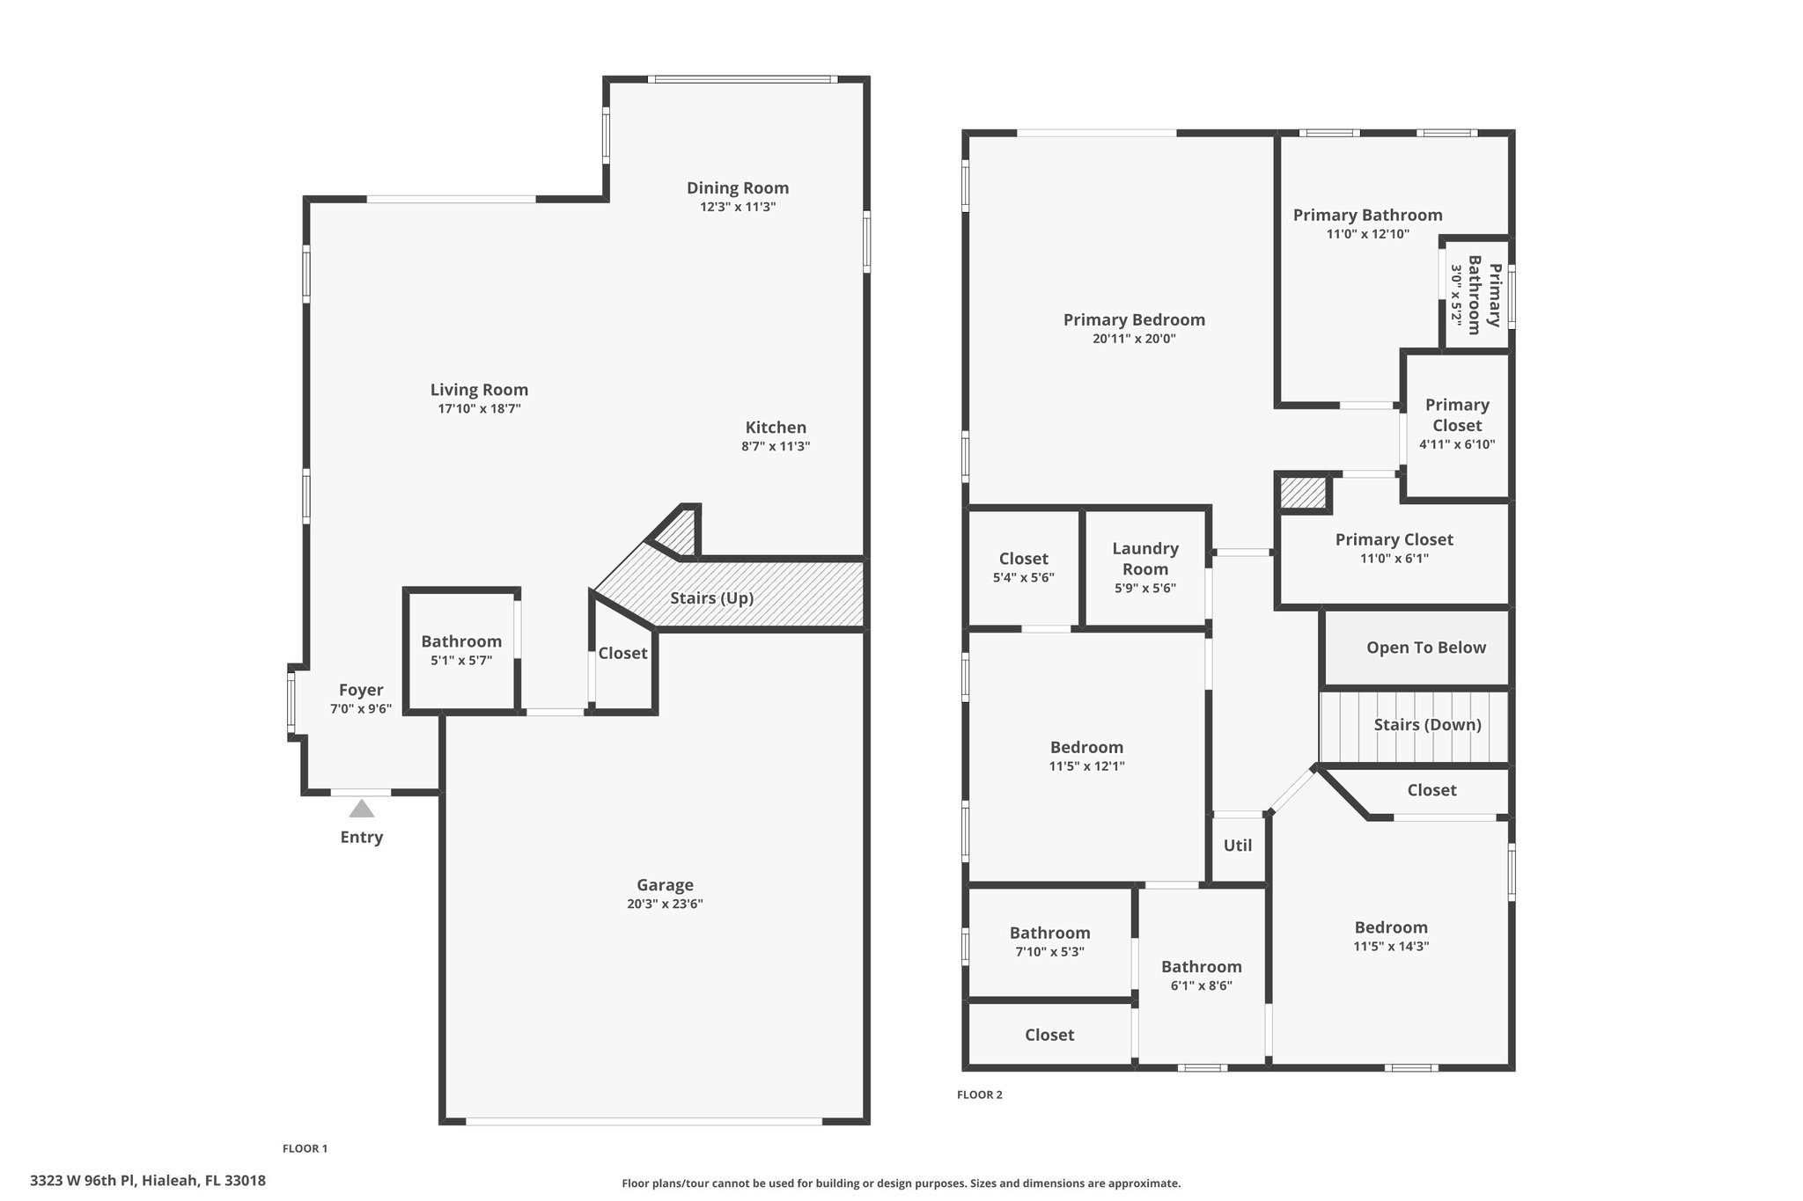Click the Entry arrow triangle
(361, 809)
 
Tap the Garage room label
(666, 885)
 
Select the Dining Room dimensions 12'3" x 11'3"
(738, 207)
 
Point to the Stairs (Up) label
(712, 598)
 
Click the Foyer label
(361, 690)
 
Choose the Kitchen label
(776, 428)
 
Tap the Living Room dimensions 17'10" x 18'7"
(480, 408)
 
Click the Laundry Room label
(1145, 559)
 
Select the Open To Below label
(1426, 648)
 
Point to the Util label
(1238, 845)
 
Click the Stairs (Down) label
(1428, 724)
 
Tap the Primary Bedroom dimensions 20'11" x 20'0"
(1135, 339)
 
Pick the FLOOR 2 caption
(980, 1095)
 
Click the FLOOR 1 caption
(305, 1148)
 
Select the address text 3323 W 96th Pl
(83, 1181)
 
